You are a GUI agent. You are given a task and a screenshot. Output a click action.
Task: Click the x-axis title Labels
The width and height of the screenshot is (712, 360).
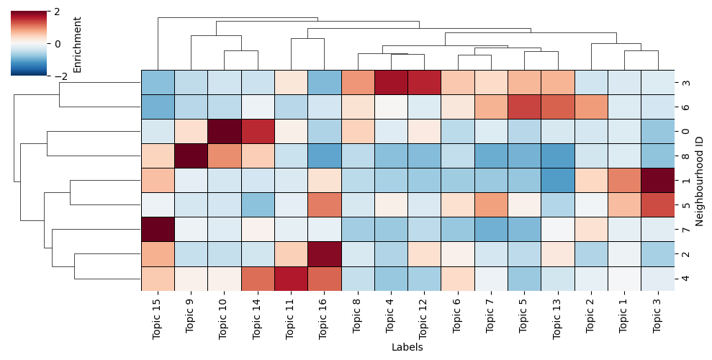click(407, 347)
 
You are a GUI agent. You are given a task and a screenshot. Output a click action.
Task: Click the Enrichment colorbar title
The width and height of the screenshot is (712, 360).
click(78, 43)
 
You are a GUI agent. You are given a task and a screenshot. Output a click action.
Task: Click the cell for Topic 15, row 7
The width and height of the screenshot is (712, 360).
click(158, 229)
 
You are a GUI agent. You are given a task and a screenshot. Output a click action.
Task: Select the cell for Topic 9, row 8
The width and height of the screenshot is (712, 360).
click(191, 156)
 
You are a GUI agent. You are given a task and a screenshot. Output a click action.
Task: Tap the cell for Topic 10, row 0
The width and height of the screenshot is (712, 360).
click(224, 131)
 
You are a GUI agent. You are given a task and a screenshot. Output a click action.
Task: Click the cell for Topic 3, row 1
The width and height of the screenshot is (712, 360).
click(658, 180)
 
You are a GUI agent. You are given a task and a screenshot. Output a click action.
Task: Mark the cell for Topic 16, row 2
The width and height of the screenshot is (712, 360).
click(324, 253)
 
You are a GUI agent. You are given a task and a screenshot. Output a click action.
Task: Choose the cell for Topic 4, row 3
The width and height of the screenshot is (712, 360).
click(391, 82)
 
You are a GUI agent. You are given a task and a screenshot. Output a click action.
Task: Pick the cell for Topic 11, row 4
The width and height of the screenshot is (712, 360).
click(291, 278)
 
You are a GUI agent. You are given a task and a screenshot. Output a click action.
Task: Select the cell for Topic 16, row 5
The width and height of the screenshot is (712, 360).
click(324, 204)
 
